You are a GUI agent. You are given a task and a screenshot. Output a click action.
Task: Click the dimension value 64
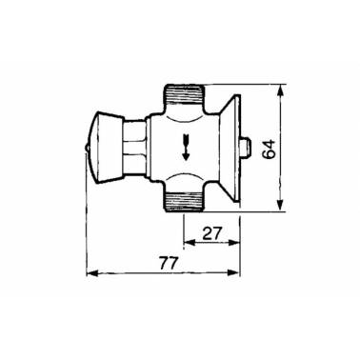point(269,149)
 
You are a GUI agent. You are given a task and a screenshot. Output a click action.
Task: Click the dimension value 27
point(211,234)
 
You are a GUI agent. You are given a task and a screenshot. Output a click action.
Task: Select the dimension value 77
point(167,264)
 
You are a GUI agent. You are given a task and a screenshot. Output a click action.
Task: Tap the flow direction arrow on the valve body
point(186,147)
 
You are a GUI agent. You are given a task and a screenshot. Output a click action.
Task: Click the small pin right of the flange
point(246,148)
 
